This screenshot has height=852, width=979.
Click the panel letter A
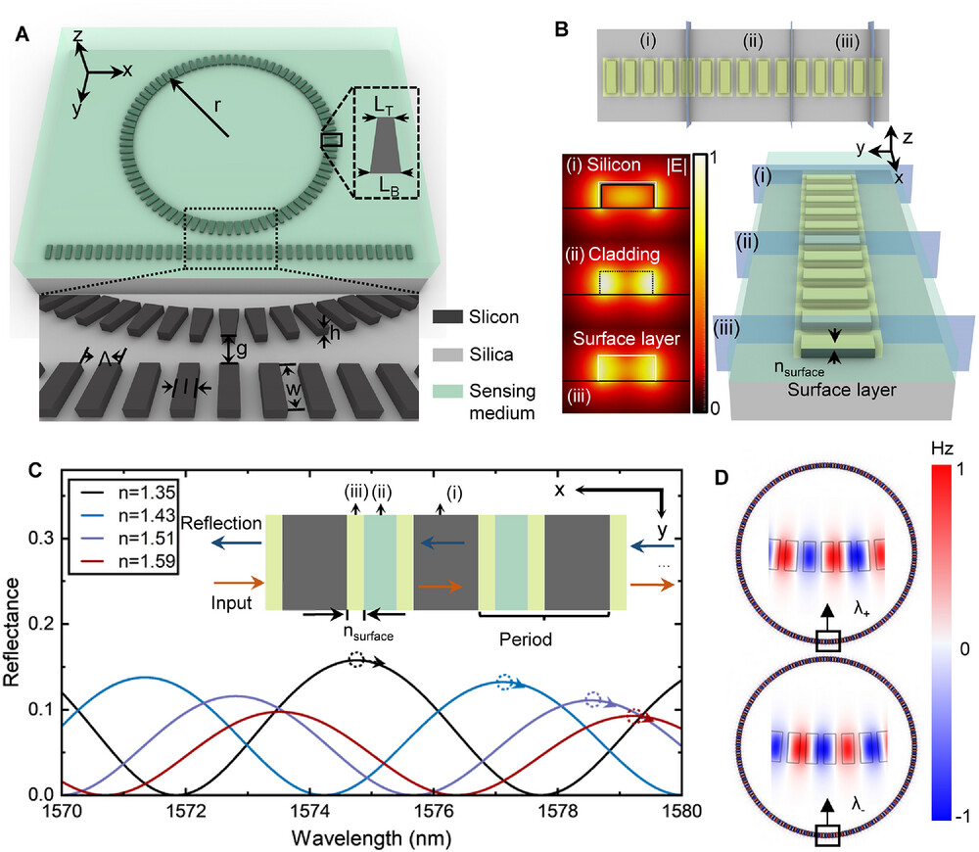pos(22,33)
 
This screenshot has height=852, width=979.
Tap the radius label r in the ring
pos(217,106)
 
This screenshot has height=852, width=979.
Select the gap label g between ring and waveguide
pos(241,351)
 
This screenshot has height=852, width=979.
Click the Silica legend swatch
pos(447,355)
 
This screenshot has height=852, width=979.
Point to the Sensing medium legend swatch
pos(447,392)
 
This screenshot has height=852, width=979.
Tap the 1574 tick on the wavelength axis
pos(309,812)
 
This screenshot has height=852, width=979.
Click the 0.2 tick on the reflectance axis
pos(41,624)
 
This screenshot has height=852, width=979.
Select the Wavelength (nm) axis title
pos(371,837)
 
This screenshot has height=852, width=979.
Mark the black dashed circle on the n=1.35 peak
pos(356,660)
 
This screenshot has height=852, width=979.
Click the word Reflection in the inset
pos(221,523)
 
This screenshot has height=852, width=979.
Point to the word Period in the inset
pos(526,639)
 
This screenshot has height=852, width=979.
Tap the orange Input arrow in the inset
pos(239,583)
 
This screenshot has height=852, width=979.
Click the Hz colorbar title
pos(942,449)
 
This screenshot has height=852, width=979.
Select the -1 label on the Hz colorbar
pos(962,816)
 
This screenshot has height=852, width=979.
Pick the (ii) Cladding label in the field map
pos(613,255)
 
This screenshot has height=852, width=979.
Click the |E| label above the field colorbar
pos(676,166)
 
